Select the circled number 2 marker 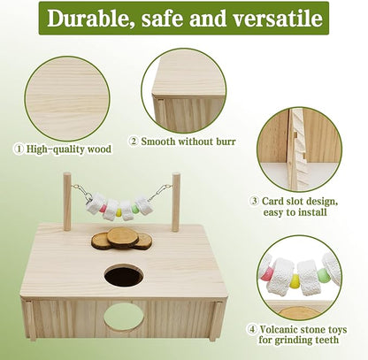134,140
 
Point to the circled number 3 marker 254,202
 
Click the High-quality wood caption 67,149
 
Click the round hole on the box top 123,276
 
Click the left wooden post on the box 67,202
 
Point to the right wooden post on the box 175,202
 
